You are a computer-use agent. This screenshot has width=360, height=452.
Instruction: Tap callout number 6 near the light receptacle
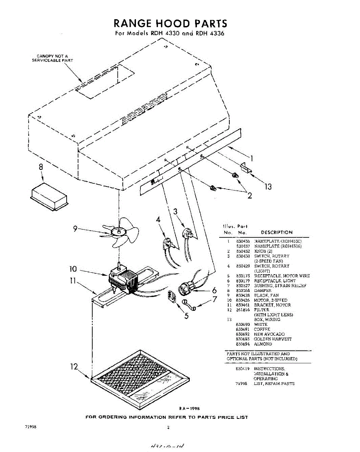214,290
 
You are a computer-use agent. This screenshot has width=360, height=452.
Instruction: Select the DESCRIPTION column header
276,232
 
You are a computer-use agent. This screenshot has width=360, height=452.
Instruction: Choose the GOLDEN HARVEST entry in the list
273,339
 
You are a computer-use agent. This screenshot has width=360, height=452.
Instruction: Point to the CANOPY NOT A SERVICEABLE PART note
52,58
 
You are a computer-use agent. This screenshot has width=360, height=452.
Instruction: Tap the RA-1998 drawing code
189,408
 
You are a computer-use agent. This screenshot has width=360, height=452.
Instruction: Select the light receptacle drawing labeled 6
187,289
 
